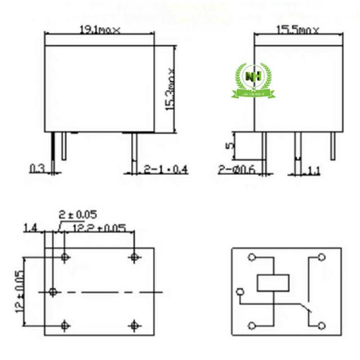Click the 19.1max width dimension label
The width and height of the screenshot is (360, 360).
point(100,30)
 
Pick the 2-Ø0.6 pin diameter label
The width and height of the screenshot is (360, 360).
point(237,169)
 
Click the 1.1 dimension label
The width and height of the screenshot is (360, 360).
point(314,170)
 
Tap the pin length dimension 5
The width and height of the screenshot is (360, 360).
point(229,145)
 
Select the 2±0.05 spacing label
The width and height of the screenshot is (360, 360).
point(77,214)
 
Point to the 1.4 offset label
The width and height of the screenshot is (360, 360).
point(31,229)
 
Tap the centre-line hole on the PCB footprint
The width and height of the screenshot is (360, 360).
point(53,292)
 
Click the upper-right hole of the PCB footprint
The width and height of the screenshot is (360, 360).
point(134,257)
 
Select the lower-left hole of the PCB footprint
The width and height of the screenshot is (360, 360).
point(66,325)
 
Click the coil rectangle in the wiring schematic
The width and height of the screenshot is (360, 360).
point(273,283)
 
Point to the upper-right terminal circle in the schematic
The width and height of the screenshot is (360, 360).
point(321,257)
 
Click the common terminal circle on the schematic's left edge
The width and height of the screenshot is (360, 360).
point(241,292)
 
